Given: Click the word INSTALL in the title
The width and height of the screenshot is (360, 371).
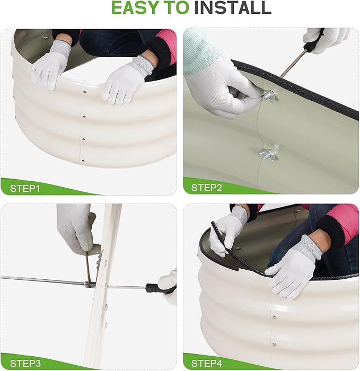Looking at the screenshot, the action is [x=233, y=8].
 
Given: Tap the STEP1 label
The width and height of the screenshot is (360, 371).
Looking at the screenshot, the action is [x=25, y=189].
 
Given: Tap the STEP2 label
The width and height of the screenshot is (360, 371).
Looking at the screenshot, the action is [x=207, y=188].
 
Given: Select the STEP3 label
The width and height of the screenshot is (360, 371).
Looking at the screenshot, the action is [x=25, y=363].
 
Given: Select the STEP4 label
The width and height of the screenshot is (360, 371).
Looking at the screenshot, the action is [x=207, y=363].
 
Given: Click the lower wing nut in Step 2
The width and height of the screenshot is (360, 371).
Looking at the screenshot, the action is [x=269, y=152].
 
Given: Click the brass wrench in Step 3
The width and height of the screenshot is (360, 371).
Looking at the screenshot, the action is [x=88, y=267].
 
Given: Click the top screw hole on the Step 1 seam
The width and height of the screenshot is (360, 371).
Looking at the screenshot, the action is [x=84, y=91].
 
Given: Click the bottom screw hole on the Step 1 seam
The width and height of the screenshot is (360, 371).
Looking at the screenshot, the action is [x=83, y=161].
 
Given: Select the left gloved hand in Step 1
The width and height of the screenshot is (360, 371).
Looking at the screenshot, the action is [x=51, y=64].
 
